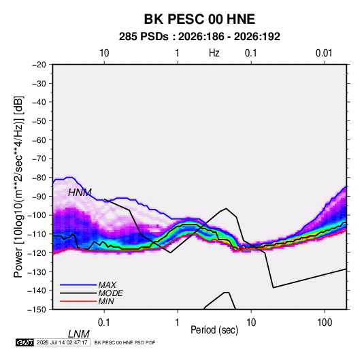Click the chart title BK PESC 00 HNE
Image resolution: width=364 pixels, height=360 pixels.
click(x=199, y=19)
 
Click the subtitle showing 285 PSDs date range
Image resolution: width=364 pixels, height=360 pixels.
click(x=199, y=37)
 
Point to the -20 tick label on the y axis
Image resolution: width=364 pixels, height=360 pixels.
click(x=39, y=65)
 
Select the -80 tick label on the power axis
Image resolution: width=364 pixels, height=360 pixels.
click(x=39, y=178)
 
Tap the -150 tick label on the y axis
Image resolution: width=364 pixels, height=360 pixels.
click(x=37, y=310)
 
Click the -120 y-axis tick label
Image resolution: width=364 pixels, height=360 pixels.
click(x=37, y=252)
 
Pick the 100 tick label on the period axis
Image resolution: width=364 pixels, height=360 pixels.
click(x=325, y=323)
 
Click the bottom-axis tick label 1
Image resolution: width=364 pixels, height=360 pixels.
click(x=178, y=323)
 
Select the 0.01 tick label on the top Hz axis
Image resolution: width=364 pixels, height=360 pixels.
click(x=324, y=53)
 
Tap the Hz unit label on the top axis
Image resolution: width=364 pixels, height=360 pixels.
click(x=214, y=53)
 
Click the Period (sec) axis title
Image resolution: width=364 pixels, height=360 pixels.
click(x=214, y=330)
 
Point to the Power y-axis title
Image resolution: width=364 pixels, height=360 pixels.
click(x=18, y=187)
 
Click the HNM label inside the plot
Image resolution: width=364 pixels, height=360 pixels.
click(x=80, y=193)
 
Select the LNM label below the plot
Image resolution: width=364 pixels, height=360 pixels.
click(x=78, y=334)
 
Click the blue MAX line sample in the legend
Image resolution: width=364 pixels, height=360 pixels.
click(x=78, y=284)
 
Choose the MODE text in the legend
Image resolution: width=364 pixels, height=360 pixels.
click(x=110, y=293)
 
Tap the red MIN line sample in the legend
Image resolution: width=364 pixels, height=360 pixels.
click(x=78, y=301)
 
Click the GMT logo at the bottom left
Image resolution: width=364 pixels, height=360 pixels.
click(x=24, y=342)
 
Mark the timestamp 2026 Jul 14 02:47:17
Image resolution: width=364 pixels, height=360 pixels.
click(x=62, y=342)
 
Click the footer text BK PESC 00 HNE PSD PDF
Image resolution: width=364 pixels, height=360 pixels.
click(x=125, y=342)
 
